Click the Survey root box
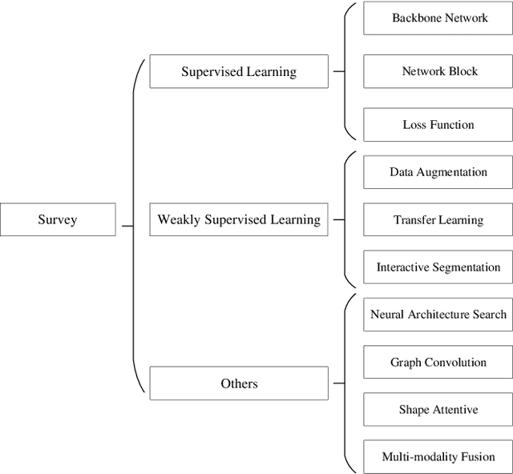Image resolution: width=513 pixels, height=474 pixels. pyautogui.click(x=58, y=219)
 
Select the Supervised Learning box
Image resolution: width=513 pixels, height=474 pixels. pyautogui.click(x=239, y=71)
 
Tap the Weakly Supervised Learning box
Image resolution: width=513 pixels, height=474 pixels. pyautogui.click(x=239, y=219)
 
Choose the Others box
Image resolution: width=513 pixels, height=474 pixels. pyautogui.click(x=239, y=384)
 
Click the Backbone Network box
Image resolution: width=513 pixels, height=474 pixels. pyautogui.click(x=438, y=18)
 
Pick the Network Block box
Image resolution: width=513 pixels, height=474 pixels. pyautogui.click(x=438, y=71)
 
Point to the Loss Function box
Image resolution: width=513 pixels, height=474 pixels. pyautogui.click(x=438, y=125)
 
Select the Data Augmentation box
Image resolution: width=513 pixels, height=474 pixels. pyautogui.click(x=438, y=172)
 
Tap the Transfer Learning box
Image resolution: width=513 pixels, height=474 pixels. pyautogui.click(x=438, y=219)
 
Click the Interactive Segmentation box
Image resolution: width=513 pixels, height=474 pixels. pyautogui.click(x=438, y=267)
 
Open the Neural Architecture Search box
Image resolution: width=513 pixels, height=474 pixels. pyautogui.click(x=438, y=315)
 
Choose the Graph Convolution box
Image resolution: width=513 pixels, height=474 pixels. pyautogui.click(x=438, y=362)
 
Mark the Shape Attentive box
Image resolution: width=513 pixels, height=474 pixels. pyautogui.click(x=438, y=409)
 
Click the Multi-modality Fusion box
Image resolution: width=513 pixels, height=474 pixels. pyautogui.click(x=438, y=456)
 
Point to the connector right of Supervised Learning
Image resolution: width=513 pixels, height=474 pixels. pyautogui.click(x=339, y=71)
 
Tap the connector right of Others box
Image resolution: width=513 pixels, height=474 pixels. pyautogui.click(x=339, y=384)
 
